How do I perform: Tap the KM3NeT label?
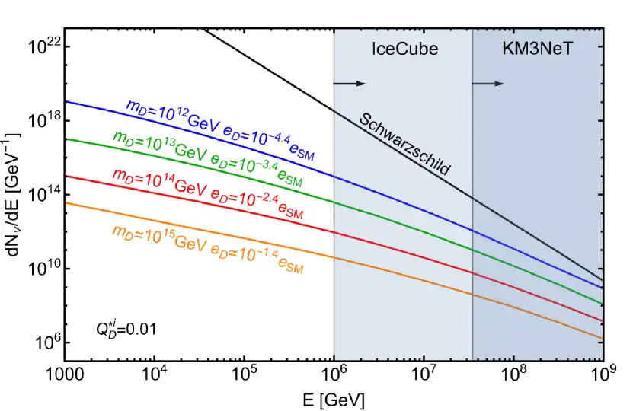pos(537,49)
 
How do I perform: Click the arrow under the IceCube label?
pos(351,83)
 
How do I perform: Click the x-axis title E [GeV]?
pos(334,399)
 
